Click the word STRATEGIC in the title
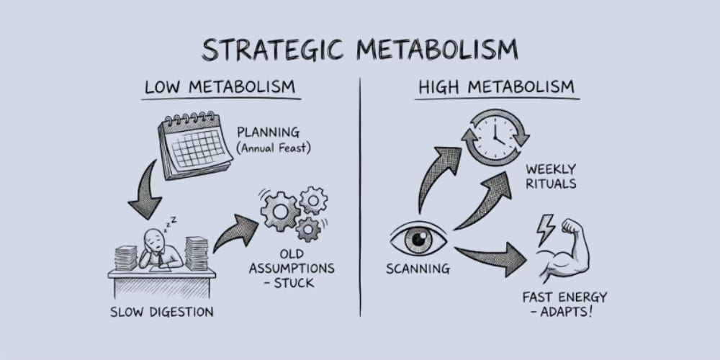click(278, 49)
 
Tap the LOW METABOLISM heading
click(220, 88)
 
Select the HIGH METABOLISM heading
click(497, 88)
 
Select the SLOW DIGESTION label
click(162, 312)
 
